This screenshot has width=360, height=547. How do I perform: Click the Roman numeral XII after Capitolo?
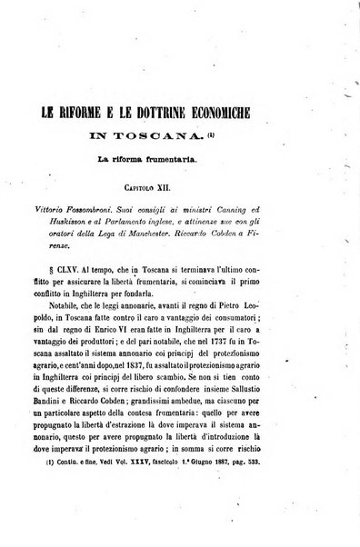[x=207, y=184]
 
